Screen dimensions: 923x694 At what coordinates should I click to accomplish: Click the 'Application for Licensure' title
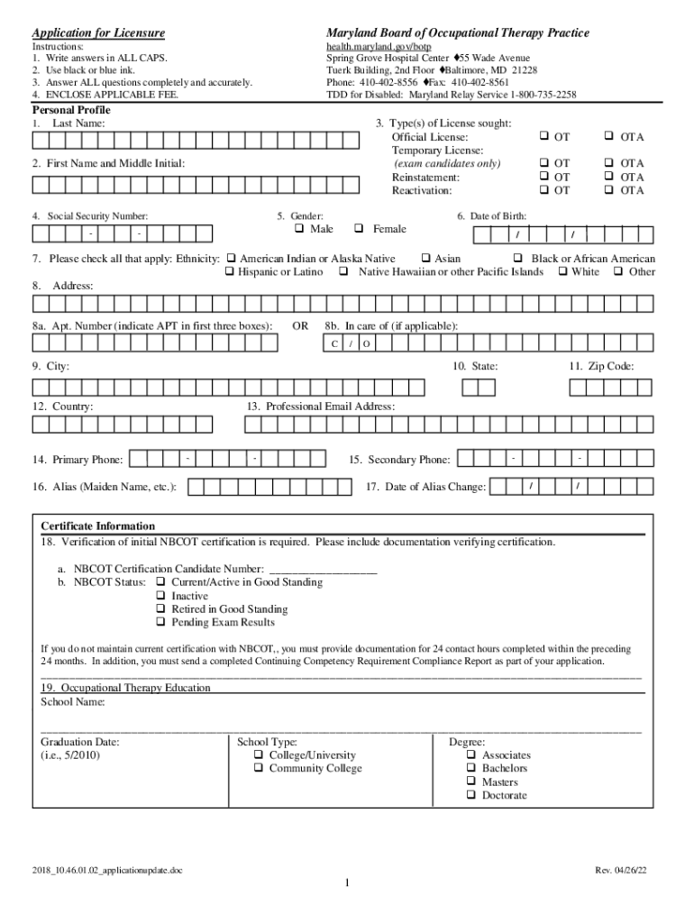[99, 33]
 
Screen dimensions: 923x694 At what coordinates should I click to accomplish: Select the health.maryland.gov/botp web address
[372, 46]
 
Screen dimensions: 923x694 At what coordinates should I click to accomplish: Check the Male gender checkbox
[302, 229]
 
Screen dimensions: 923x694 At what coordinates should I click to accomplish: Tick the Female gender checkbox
[360, 229]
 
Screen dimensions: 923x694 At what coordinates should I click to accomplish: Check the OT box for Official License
[544, 137]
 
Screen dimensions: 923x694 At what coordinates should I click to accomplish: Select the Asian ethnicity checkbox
[428, 259]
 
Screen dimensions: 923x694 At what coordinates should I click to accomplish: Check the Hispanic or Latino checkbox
[230, 271]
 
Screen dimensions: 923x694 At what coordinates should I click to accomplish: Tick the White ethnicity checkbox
[563, 271]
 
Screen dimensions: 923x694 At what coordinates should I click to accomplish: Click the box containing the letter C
[334, 344]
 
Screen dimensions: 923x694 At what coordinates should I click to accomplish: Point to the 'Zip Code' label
[601, 367]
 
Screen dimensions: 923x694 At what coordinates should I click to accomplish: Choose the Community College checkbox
[259, 769]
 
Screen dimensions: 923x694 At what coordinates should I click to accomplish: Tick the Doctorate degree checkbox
[470, 795]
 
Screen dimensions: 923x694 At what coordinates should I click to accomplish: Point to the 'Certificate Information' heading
[98, 526]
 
